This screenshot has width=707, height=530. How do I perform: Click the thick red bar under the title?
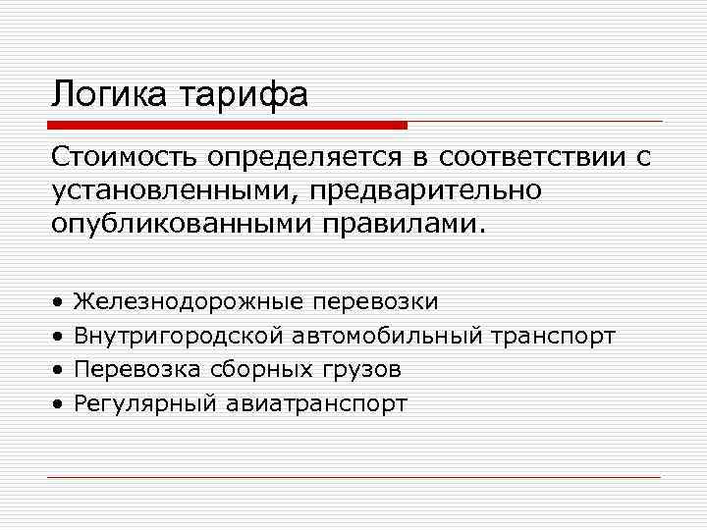click(227, 126)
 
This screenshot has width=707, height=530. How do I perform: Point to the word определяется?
click(300, 157)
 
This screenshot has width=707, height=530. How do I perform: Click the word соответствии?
click(528, 157)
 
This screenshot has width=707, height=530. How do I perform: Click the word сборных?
click(246, 369)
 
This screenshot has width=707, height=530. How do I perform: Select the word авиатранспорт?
click(315, 402)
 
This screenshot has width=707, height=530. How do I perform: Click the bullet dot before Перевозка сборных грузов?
click(59, 370)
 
